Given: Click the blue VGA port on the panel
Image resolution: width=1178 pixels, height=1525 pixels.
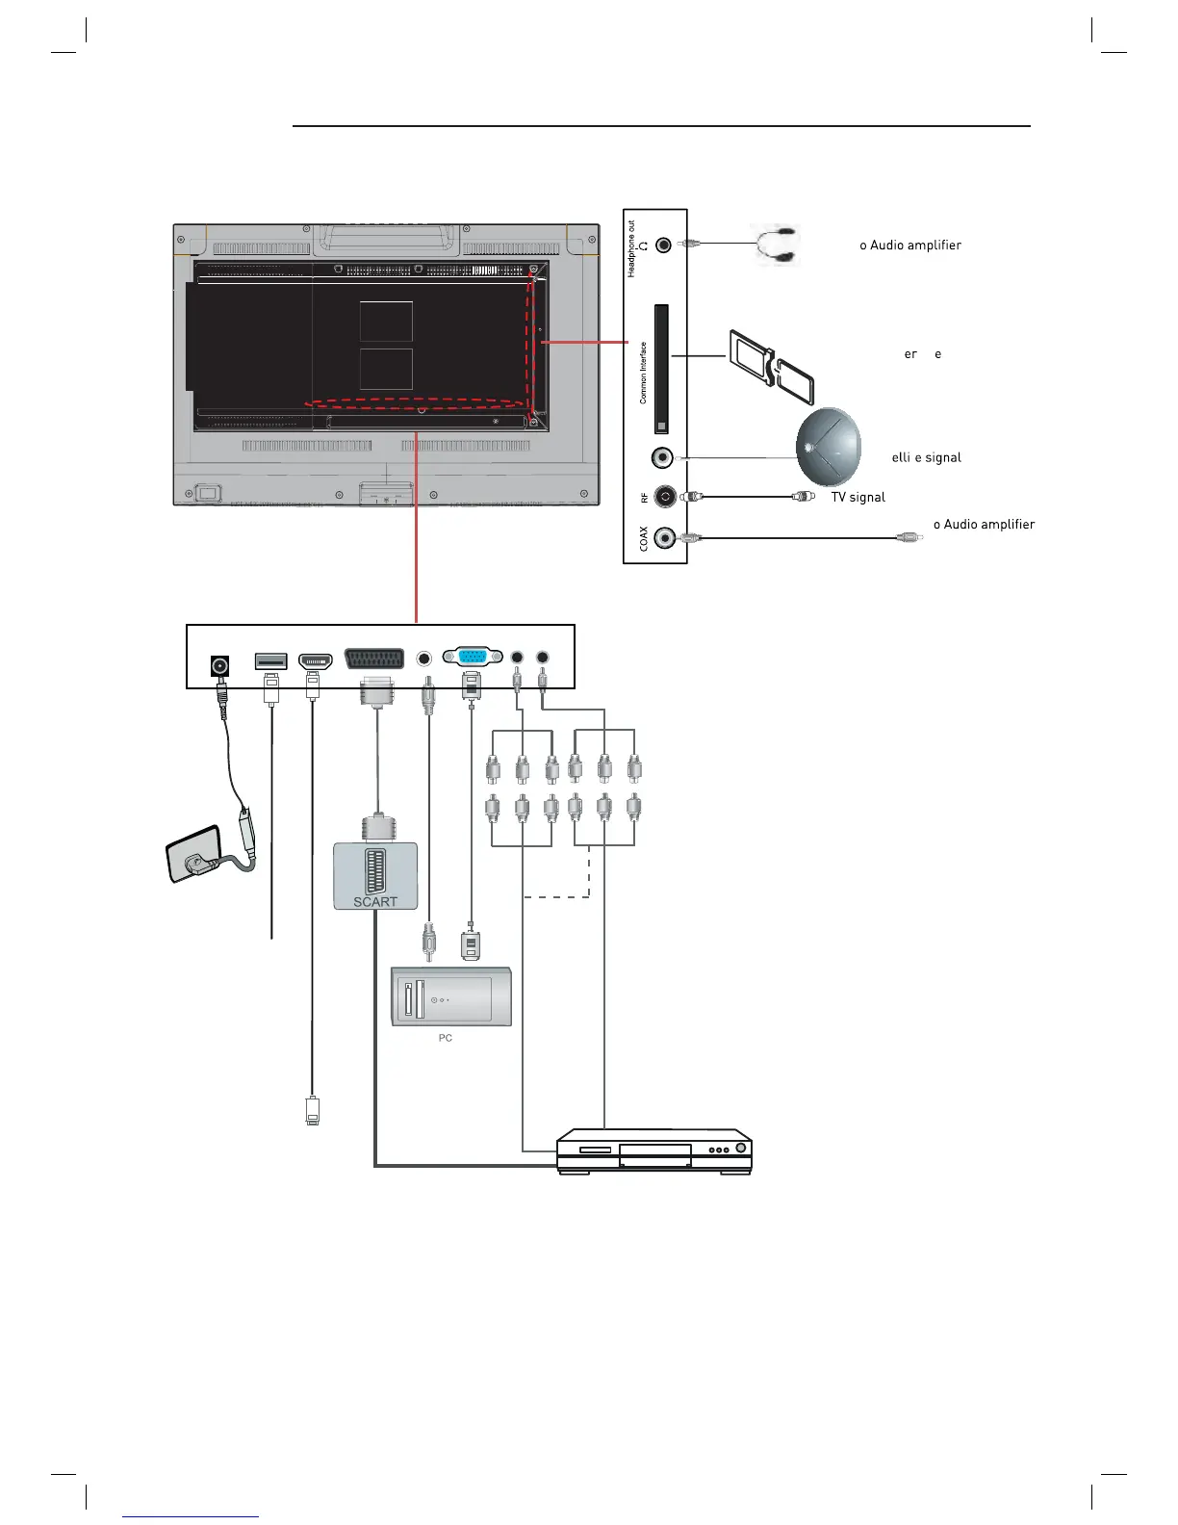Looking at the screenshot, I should pos(472,657).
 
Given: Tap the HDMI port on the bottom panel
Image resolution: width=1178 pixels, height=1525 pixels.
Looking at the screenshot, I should pos(316,661).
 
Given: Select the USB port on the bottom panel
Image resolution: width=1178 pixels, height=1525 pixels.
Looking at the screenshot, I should pos(270,661).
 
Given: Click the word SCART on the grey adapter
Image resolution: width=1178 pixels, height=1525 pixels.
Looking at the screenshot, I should pos(375,902).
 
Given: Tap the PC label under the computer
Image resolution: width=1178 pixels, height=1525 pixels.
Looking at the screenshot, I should pos(445,1038).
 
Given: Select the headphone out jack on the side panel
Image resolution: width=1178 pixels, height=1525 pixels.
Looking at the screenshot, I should pos(664,245).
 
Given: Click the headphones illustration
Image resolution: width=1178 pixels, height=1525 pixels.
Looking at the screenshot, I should pos(776,245).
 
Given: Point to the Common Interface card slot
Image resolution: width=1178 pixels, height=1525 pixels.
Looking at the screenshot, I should pos(661,369).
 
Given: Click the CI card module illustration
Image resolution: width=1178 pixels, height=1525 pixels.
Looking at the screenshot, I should pos(772,369).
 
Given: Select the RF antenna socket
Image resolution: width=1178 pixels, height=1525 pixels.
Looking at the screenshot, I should pos(664,497).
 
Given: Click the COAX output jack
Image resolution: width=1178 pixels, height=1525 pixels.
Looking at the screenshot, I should pos(664,538).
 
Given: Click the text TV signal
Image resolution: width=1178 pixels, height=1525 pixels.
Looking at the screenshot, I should pos(858,497).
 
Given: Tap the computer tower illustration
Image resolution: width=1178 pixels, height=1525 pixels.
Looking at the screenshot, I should pos(450,995).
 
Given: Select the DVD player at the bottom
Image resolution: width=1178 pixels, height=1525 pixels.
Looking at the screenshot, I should pos(654,1151).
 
